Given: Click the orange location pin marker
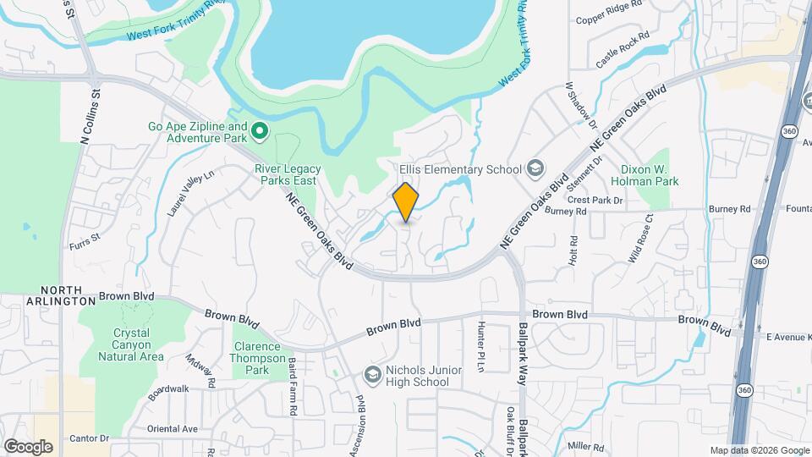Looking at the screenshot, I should (x=406, y=203).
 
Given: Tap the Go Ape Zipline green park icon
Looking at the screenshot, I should (x=261, y=131).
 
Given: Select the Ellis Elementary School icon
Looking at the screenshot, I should (x=535, y=168).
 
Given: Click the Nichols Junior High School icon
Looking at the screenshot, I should (x=371, y=374).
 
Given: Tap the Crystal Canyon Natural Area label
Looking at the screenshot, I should (x=131, y=344).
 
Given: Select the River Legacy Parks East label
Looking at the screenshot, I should (x=286, y=174).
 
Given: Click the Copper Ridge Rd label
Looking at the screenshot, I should (x=608, y=19).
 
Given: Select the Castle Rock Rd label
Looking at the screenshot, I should (x=622, y=51).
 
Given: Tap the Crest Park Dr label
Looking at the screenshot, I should (x=595, y=201).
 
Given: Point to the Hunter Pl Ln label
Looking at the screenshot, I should (x=480, y=345).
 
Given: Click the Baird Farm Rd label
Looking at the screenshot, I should (x=292, y=385).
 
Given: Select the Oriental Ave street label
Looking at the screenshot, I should (x=172, y=428).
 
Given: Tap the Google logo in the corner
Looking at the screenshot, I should (x=28, y=447).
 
